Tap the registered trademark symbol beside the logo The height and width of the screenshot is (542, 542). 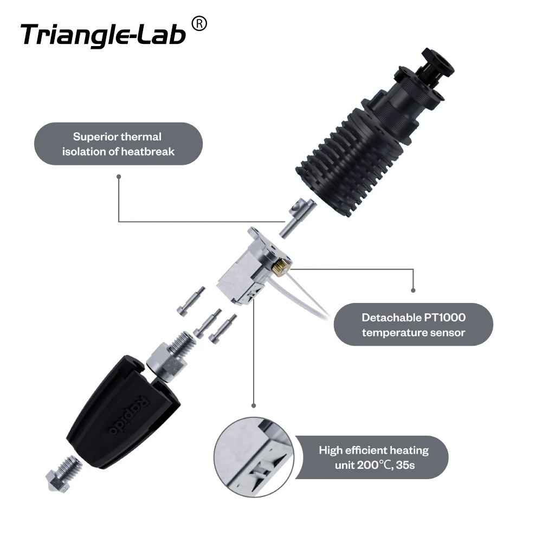tap(199, 24)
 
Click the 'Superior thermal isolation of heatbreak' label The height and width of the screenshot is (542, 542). tap(118, 144)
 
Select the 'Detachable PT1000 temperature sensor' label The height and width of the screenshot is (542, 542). tap(413, 324)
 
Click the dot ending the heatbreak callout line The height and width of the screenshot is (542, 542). tap(119, 176)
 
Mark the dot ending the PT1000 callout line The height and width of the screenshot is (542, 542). tap(413, 290)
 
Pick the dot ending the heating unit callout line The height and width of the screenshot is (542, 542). tap(254, 405)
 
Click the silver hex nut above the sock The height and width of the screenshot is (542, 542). tap(164, 360)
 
